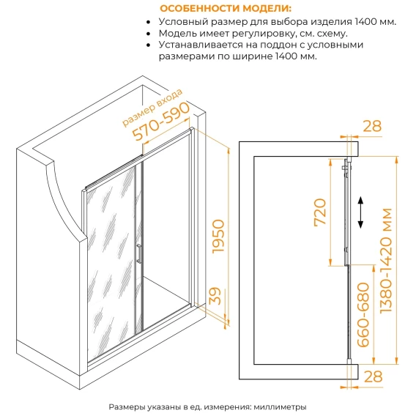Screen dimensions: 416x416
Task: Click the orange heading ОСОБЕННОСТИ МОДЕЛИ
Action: click(226, 9)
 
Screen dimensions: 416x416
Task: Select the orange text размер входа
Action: click(152, 107)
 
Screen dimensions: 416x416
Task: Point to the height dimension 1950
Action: click(218, 236)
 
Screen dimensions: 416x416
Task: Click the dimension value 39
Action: click(215, 296)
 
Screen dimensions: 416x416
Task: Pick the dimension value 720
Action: click(320, 212)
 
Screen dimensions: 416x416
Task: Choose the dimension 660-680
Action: click(363, 315)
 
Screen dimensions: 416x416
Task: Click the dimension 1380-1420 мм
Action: click(386, 261)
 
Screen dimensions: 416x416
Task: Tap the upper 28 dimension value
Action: click(372, 126)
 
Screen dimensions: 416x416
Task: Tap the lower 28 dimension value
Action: click(374, 376)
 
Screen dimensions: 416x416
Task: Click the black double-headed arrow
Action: click(360, 212)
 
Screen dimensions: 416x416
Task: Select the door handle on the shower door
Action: click(138, 253)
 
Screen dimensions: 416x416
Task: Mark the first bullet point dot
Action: click(148, 22)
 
